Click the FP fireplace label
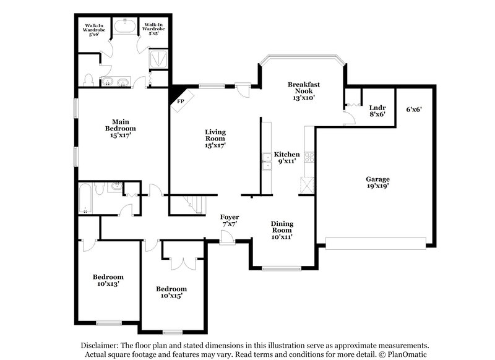[181, 101]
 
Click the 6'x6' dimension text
[414, 109]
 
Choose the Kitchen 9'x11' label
[287, 157]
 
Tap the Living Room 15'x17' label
[215, 139]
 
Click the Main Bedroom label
[120, 126]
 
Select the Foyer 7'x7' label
[230, 220]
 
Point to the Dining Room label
[282, 229]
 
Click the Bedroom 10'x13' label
[108, 280]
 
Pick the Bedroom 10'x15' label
[171, 292]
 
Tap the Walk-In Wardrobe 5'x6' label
[95, 30]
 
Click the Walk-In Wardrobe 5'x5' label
[153, 30]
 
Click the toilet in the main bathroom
[89, 79]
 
